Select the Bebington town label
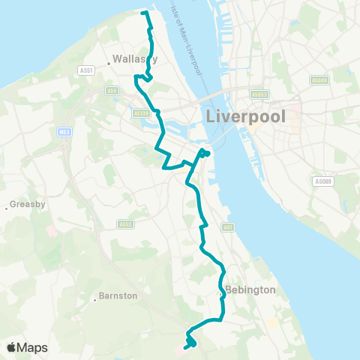(x=250, y=289)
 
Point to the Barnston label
(x=118, y=295)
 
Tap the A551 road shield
(x=85, y=70)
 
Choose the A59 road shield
(x=112, y=91)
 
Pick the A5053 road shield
(x=259, y=94)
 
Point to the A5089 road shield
(x=323, y=181)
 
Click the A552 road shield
(x=125, y=223)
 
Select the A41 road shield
(x=227, y=227)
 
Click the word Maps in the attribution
(x=33, y=347)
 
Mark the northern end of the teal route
(x=142, y=12)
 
